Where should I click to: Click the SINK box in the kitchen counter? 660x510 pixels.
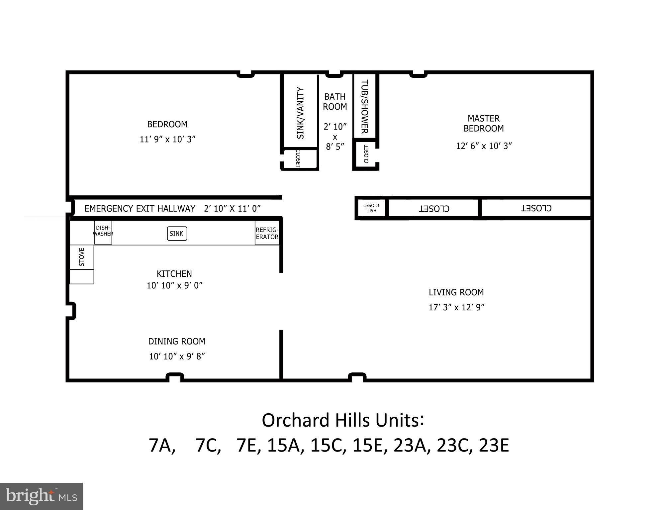tap(177, 234)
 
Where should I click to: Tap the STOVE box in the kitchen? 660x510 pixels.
tap(82, 257)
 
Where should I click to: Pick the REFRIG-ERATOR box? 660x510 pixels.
tap(267, 233)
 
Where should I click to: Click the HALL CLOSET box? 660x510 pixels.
tap(371, 208)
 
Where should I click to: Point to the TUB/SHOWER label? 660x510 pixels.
tap(364, 106)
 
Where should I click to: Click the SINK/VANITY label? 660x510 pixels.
tap(300, 113)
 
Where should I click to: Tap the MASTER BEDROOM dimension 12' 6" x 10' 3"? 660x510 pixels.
tap(484, 146)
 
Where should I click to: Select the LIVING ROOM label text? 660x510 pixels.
tap(456, 292)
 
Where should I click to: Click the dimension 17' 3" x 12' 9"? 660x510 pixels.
tap(456, 307)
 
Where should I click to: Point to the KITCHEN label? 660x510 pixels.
tap(174, 274)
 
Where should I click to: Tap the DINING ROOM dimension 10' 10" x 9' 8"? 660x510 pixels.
tap(177, 357)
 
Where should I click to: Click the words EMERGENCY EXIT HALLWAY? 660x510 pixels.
tap(140, 209)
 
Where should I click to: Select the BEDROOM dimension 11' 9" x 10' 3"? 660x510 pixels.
tap(167, 139)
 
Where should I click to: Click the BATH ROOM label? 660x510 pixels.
tap(335, 102)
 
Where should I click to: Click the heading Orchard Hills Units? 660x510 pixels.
tap(343, 420)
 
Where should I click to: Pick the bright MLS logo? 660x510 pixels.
tap(41, 496)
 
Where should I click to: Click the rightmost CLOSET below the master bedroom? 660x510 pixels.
tap(536, 208)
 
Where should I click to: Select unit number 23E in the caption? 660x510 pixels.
tap(494, 446)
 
